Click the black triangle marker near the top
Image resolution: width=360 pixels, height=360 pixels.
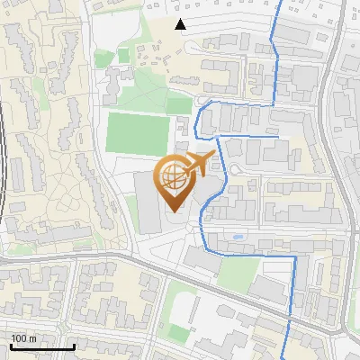pos(181,24)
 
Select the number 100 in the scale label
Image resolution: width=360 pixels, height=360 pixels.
pos(18,338)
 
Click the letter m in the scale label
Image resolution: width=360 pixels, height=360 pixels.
pos(32,338)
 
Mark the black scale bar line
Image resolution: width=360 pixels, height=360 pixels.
pos(41,346)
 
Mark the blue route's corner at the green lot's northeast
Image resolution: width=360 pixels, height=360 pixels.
pos(295,256)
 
